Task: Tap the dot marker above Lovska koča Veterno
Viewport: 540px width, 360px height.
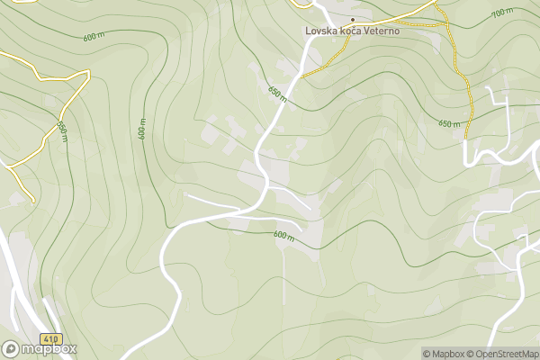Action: [x=353, y=19]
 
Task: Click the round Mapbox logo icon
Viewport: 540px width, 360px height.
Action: [x=11, y=348]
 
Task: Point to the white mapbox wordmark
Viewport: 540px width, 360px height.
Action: [x=49, y=349]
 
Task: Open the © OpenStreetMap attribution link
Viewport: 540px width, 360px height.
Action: [x=502, y=354]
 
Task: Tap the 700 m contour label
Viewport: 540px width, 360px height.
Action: [x=502, y=14]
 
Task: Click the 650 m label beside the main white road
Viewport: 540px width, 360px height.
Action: [x=277, y=93]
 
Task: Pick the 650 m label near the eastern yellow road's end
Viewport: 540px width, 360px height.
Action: [x=449, y=123]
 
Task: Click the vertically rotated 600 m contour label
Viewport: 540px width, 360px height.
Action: [x=142, y=128]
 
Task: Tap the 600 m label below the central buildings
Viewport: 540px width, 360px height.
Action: [x=284, y=236]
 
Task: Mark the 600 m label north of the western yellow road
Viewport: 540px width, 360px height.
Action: [x=94, y=37]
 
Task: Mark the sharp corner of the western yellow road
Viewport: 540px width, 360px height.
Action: [x=89, y=74]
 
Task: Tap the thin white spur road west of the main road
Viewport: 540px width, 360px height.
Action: [x=207, y=198]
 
